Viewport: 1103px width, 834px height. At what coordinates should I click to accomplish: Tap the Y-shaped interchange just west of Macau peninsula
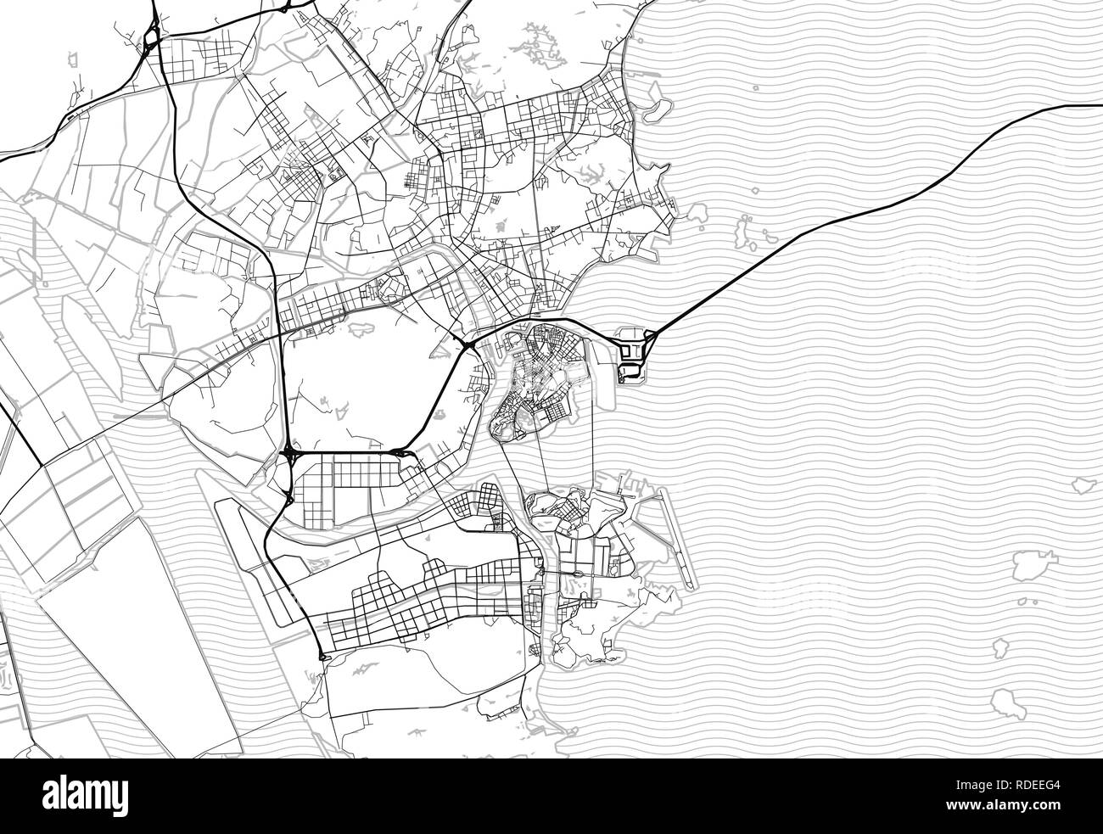tap(468, 343)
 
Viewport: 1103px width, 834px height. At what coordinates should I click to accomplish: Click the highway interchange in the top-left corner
tap(153, 38)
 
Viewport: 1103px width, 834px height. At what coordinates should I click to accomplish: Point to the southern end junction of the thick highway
tap(323, 656)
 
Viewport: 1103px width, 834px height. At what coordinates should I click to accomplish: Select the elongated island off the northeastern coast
tap(654, 111)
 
